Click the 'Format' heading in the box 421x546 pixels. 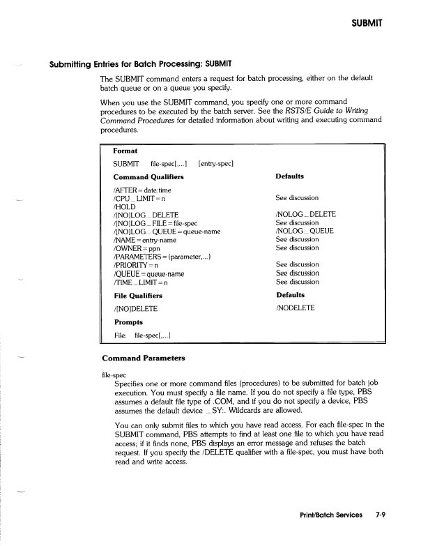coord(125,151)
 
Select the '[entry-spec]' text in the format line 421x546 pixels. coord(215,164)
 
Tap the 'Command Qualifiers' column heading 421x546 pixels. coord(148,177)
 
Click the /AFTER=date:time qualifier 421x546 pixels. coord(141,190)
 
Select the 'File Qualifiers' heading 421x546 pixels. coord(139,296)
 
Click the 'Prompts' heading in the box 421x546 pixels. coord(128,322)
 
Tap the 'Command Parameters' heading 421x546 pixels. coord(144,358)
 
